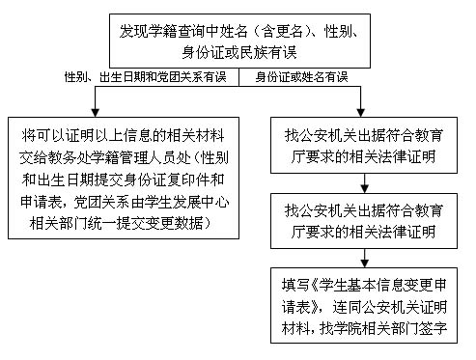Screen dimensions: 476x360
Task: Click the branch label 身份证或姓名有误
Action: pos(301,77)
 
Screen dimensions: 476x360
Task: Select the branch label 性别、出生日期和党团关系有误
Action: pos(146,77)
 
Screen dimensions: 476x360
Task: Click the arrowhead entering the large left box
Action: pos(95,113)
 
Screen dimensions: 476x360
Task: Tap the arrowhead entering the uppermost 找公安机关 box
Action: pos(360,113)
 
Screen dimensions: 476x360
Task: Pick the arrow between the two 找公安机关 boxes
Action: pos(364,183)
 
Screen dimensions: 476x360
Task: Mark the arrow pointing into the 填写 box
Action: pos(364,258)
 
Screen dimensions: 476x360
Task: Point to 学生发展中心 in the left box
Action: pos(186,202)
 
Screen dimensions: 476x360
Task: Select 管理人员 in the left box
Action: pos(148,157)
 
